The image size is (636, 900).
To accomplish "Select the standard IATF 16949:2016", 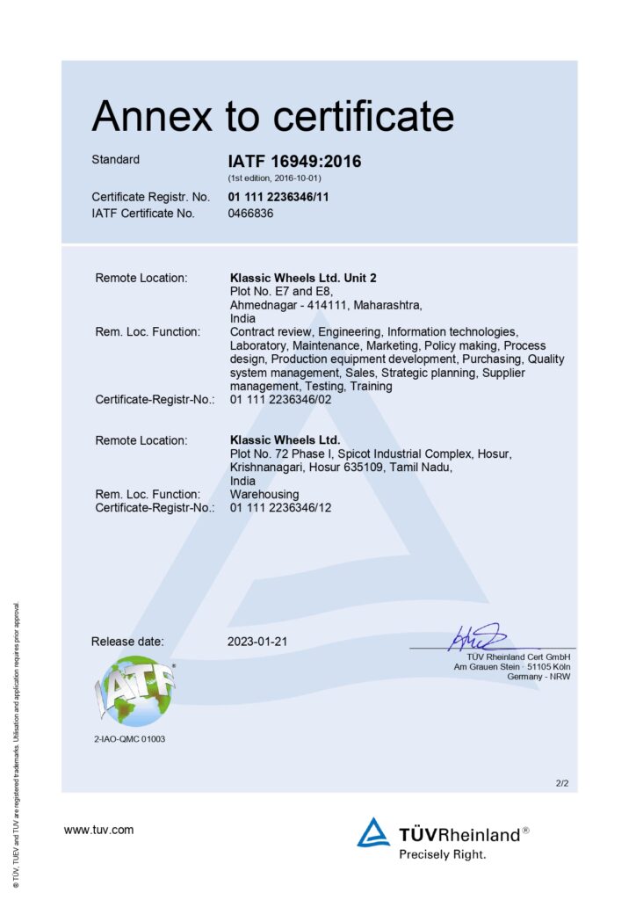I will click(294, 162).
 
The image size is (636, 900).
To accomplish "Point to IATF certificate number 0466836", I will click(250, 213).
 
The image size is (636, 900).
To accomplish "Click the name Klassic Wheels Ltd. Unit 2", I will click(303, 278).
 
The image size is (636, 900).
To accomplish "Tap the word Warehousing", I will click(264, 494).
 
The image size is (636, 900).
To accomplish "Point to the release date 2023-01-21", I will click(257, 642).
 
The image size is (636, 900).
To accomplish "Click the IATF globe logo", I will click(134, 691).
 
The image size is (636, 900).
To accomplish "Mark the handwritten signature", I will click(474, 636).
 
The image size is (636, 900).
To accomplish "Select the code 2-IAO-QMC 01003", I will click(129, 739).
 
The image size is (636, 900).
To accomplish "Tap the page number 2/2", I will click(562, 782).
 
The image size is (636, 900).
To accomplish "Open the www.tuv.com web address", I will click(98, 829).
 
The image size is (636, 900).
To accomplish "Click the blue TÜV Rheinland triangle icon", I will click(373, 832).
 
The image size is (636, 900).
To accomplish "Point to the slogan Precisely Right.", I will click(442, 853).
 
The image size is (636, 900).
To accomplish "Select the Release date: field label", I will click(127, 642).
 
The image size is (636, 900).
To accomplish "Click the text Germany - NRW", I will click(538, 676).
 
